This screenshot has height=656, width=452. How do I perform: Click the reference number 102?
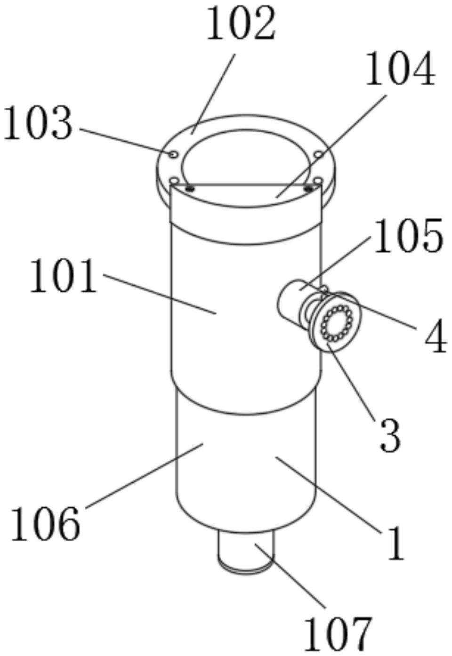point(241,24)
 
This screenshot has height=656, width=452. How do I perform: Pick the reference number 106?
point(45,523)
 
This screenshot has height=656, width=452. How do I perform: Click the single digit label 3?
point(389,436)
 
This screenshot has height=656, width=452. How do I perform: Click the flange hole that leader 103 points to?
point(173,154)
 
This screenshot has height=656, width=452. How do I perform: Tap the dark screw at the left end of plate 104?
point(190,189)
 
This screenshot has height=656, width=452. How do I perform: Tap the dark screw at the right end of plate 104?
point(308,189)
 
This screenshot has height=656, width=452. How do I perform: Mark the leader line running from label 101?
point(160,294)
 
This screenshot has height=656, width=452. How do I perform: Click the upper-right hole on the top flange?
point(318,154)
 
